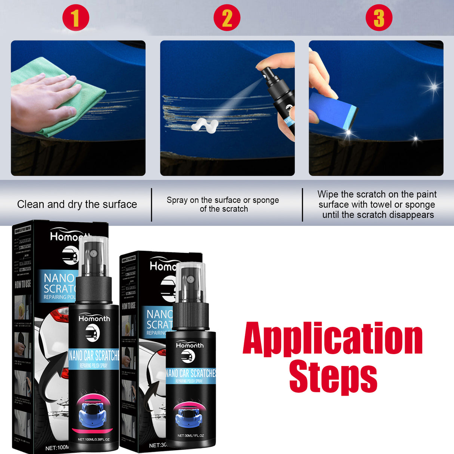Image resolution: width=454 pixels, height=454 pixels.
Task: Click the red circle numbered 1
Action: tap(76, 18)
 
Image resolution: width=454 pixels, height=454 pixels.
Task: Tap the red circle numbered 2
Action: tap(227, 18)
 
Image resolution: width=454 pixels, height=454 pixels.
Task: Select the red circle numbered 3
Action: tap(379, 18)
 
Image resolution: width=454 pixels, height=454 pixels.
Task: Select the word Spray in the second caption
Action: tap(177, 200)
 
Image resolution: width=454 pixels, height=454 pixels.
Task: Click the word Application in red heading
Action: tap(332, 339)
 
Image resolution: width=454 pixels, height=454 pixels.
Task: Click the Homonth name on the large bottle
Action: tap(94, 319)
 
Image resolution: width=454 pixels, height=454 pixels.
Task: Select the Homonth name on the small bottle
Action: tap(190, 345)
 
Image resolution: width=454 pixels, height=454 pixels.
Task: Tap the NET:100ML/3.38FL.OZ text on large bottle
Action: tap(93, 439)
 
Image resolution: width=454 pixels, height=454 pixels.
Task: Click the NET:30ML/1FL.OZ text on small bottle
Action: tap(191, 436)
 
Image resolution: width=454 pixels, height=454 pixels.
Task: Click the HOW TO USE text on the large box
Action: tap(23, 284)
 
